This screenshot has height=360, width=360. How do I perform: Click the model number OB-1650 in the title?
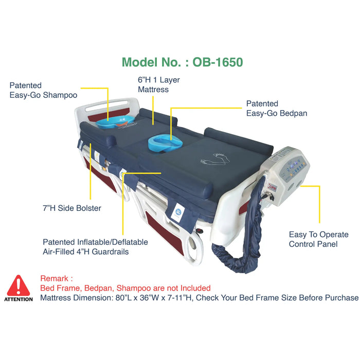tap(218, 62)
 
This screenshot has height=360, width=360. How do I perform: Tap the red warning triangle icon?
tap(19, 285)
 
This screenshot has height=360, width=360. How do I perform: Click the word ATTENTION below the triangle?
tap(19, 299)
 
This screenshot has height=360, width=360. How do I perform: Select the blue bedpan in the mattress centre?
tap(165, 143)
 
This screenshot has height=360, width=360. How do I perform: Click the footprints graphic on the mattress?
tap(215, 158)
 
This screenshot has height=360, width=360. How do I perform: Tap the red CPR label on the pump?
tap(273, 188)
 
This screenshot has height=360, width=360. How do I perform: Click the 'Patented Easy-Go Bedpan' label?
tap(277, 109)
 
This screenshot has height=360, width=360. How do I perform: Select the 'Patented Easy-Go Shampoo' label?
tap(43, 90)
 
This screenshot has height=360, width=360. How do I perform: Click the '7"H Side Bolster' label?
tap(72, 208)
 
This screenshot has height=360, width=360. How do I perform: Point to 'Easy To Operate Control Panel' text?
tap(319, 239)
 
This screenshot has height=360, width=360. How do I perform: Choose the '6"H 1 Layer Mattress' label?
tap(158, 84)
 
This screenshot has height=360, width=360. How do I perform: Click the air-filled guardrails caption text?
tap(95, 247)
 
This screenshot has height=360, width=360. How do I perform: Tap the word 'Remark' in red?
tap(54, 279)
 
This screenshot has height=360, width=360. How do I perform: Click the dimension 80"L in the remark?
tap(123, 298)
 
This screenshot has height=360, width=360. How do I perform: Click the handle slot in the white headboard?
tap(106, 105)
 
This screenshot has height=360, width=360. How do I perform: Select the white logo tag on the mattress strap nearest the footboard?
tap(177, 213)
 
